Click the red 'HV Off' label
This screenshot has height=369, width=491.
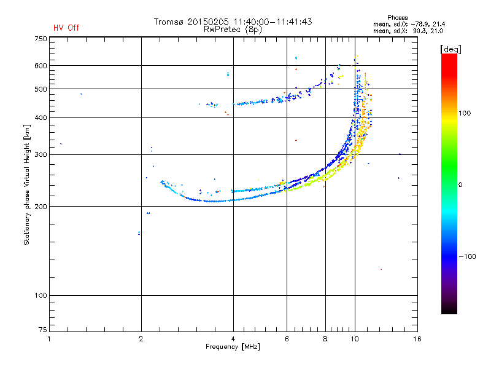[x=66, y=28]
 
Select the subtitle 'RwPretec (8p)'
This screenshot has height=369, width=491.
[x=233, y=30]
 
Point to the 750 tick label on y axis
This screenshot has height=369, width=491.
[x=41, y=39]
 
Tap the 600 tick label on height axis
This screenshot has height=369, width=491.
[x=41, y=66]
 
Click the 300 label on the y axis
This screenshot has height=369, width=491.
[x=41, y=155]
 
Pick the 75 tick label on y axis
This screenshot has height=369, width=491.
[x=43, y=330]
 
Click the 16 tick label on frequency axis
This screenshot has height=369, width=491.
[x=417, y=339]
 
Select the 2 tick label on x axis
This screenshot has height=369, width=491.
[x=141, y=339]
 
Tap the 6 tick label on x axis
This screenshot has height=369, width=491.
[x=287, y=339]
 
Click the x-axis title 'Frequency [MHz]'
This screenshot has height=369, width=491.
[x=233, y=347]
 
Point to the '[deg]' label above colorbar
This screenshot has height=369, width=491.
[x=450, y=49]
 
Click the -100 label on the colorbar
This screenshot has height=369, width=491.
[x=467, y=256]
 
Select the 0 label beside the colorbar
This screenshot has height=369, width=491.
[x=460, y=185]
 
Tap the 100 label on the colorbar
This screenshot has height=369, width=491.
[x=465, y=113]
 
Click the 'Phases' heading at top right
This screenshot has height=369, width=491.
[x=397, y=18]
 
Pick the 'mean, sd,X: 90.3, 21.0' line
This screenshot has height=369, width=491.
[x=408, y=31]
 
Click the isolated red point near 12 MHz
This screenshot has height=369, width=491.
[x=381, y=269]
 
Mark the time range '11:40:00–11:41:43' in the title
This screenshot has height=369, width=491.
[x=273, y=22]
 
